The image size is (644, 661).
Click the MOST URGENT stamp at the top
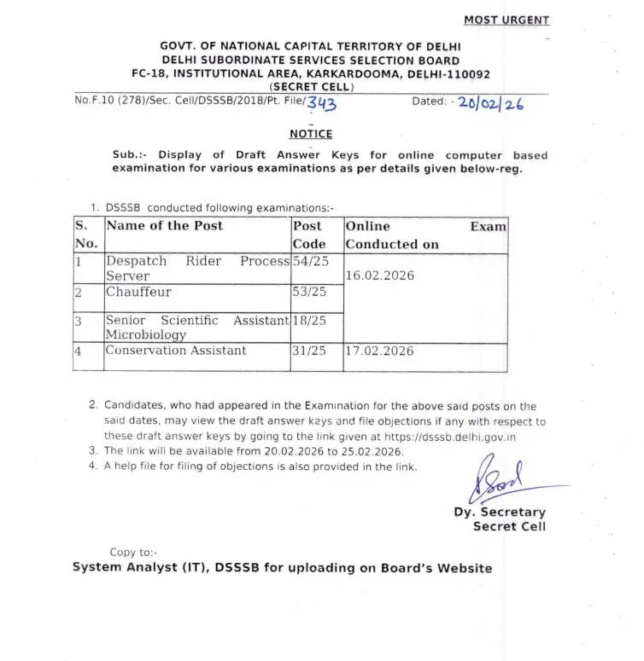506,20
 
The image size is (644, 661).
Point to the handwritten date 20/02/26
490,103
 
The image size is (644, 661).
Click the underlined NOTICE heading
311,134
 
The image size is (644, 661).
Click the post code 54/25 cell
311,260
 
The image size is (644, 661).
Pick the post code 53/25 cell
311,292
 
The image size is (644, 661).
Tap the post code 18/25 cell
311,321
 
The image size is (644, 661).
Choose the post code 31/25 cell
311,351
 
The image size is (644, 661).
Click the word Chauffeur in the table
138,292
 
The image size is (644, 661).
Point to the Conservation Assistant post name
175,351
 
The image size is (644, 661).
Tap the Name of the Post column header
164,226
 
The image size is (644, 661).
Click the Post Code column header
309,235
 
